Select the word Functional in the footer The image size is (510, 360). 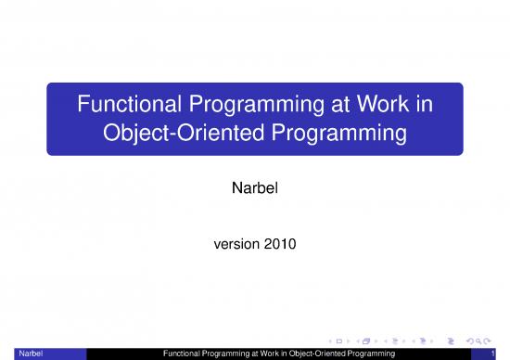(182, 354)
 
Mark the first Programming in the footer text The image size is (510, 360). (229, 354)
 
